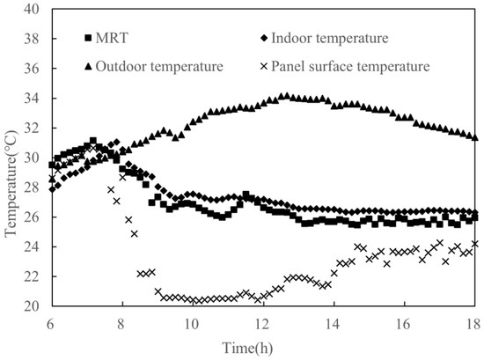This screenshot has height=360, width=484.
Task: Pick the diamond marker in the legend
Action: click(264, 39)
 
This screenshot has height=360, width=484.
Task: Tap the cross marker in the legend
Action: click(264, 65)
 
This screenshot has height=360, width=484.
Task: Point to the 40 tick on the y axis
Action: click(33, 10)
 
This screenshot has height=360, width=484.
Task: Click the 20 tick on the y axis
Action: click(33, 306)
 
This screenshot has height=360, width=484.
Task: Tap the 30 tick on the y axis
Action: click(33, 158)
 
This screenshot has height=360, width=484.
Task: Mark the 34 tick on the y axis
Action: click(33, 99)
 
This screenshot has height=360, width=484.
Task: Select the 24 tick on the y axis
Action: click(33, 247)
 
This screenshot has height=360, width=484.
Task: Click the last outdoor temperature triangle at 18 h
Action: click(474, 137)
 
